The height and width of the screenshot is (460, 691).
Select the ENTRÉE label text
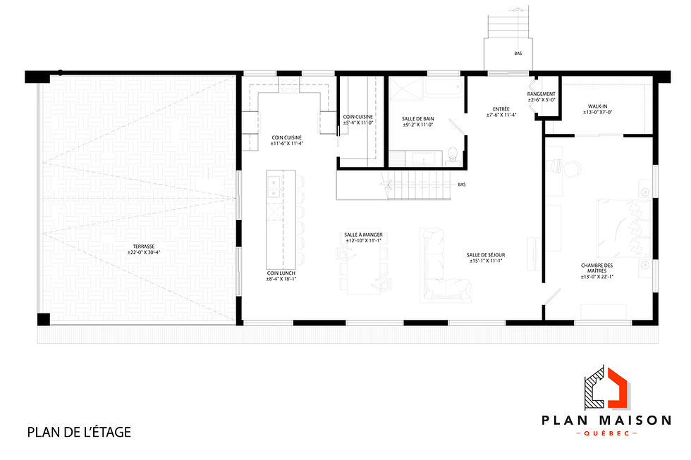click(501, 109)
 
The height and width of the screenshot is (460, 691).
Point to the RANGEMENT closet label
click(542, 94)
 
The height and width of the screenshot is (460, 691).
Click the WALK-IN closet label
click(598, 106)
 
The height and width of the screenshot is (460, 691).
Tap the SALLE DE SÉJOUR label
click(486, 255)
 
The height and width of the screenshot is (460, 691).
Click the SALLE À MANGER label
click(363, 235)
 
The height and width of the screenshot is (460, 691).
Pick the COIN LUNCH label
click(281, 273)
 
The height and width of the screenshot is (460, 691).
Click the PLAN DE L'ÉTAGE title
click(79, 431)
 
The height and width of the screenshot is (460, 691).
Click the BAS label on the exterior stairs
click(518, 53)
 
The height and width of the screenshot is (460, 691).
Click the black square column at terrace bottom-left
click(43, 318)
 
